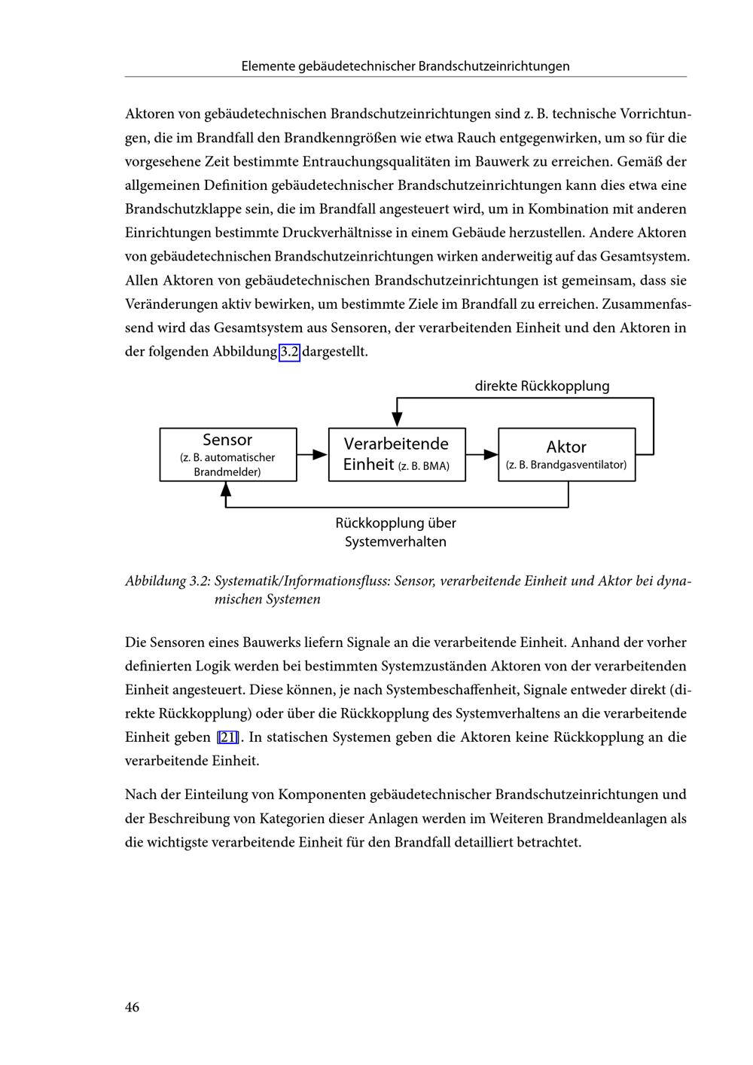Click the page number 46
click(132, 1007)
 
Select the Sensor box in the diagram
click(227, 454)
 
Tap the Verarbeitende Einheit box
click(397, 454)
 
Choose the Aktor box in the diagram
click(566, 454)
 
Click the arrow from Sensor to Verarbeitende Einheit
click(312, 454)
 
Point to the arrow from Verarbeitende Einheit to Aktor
click(482, 454)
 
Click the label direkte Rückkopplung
click(542, 386)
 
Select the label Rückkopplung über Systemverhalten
click(396, 532)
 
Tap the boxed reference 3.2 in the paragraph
click(290, 352)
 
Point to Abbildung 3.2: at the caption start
click(167, 581)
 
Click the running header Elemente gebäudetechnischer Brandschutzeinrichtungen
click(405, 66)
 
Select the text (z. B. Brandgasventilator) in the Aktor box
click(566, 465)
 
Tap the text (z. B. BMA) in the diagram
click(423, 466)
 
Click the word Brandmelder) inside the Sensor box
click(227, 472)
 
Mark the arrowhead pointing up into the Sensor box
click(226, 488)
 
